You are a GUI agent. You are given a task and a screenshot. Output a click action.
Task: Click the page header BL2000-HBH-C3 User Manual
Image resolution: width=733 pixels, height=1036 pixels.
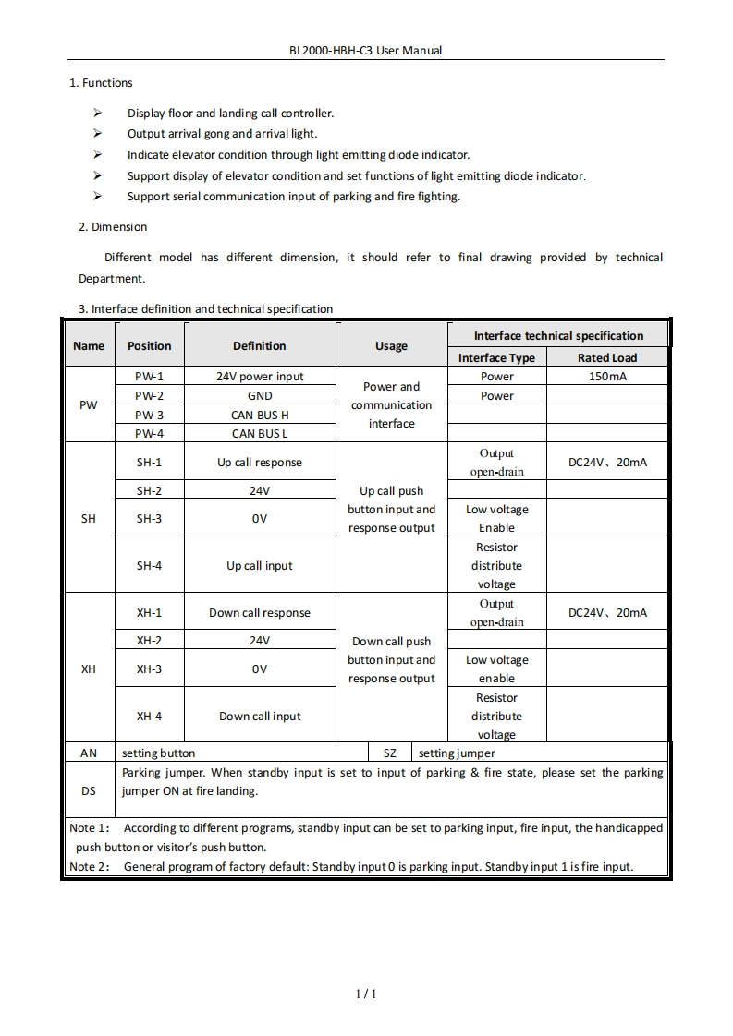366,50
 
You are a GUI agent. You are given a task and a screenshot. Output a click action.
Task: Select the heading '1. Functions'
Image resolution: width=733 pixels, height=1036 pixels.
101,83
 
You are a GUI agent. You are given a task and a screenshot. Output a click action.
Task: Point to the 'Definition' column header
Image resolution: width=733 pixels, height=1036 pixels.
259,346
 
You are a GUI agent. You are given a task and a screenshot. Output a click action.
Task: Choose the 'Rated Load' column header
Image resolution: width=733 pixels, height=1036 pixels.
606,358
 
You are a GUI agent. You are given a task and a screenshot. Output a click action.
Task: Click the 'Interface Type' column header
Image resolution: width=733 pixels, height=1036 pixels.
496,358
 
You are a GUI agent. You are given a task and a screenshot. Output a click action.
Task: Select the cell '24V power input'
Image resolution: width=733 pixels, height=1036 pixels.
260,377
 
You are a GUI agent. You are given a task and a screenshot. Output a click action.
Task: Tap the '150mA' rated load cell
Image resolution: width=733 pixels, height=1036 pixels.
606,377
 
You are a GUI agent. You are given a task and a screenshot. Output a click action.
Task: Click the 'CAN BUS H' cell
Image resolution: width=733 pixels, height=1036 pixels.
260,415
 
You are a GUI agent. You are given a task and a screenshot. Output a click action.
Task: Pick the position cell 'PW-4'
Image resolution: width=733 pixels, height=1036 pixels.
149,433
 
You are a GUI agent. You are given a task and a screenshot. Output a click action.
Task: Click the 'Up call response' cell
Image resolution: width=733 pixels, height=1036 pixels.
260,463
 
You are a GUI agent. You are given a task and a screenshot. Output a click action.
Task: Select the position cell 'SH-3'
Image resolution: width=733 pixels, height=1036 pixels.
149,519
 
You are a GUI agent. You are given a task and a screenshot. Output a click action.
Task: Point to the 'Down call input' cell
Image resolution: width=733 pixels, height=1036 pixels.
260,716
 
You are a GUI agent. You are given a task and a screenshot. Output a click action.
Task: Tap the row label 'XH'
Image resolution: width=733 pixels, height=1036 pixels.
89,669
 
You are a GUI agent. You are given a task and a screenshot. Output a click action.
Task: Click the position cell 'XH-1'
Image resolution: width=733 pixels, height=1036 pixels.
149,613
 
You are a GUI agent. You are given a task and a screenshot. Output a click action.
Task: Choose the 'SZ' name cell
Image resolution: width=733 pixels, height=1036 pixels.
390,753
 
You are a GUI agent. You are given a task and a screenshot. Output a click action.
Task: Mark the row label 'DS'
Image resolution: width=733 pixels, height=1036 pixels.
89,791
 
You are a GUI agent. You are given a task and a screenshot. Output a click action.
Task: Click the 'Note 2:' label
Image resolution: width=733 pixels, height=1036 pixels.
90,867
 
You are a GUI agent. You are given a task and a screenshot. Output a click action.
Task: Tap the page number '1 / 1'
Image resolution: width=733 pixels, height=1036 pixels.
367,994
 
